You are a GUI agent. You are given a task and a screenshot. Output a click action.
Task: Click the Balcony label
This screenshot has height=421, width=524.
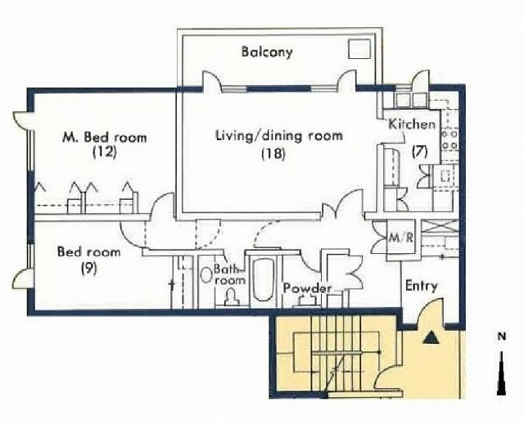point(267,52)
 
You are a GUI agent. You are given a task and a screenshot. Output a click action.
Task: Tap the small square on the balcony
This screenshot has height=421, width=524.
point(359,49)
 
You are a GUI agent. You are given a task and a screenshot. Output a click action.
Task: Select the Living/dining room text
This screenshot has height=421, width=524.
point(279,136)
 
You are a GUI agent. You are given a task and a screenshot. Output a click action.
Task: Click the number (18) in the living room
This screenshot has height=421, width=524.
point(273,154)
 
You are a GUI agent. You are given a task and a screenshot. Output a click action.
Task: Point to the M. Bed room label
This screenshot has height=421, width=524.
point(105,137)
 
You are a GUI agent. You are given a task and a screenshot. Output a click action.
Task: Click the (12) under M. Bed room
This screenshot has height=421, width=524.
point(105,152)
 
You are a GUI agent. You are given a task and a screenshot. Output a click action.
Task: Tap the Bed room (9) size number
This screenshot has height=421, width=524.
point(89,268)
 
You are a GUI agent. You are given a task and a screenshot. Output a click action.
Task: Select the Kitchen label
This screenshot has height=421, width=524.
point(413,124)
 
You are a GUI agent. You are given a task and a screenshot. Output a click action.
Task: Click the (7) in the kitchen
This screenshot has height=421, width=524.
point(420,152)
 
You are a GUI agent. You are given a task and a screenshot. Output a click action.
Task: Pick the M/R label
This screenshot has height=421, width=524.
point(401,238)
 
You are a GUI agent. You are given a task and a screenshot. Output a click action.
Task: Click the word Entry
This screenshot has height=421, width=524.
point(422,286)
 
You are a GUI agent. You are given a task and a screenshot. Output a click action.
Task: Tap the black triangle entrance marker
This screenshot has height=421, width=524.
point(431,337)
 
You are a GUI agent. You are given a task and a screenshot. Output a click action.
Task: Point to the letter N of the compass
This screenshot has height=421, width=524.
point(502,337)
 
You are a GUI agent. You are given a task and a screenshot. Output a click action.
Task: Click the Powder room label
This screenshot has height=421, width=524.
point(308,288)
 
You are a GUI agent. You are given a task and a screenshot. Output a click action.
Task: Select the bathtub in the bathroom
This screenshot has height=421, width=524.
point(263,279)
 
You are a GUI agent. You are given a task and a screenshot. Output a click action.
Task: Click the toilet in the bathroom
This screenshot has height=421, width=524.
point(231,297)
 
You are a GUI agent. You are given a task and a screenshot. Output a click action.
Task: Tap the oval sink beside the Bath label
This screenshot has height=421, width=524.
point(206,274)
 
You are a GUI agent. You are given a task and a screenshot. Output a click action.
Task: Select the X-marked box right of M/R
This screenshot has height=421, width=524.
point(439,226)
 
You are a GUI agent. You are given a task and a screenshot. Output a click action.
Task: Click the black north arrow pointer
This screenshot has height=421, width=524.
point(502,373)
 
